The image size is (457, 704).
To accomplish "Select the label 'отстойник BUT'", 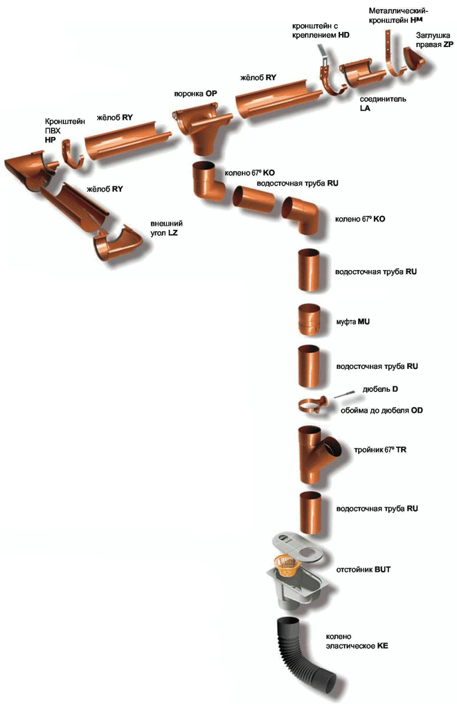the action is click(363, 569).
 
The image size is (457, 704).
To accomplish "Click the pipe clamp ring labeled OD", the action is click(313, 405).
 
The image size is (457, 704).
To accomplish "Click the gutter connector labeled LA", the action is click(361, 73).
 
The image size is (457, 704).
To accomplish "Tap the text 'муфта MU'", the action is click(353, 321).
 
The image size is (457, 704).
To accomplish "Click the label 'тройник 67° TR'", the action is click(379, 449).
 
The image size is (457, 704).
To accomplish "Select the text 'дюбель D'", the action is click(379, 389).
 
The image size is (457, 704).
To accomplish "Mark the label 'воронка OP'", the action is click(195, 94).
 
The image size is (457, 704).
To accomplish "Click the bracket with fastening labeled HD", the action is click(330, 74).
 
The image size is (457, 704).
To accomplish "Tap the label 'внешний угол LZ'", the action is click(166, 228).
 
